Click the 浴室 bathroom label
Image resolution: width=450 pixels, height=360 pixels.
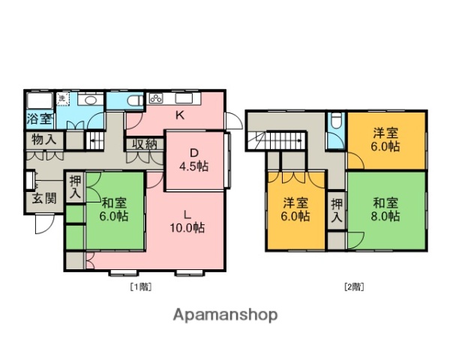[40, 118]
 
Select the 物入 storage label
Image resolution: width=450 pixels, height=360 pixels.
[44, 140]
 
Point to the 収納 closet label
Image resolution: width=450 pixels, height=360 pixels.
[145, 145]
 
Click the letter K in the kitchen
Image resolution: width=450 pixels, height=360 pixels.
[180, 115]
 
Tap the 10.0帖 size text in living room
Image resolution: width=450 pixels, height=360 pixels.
[187, 228]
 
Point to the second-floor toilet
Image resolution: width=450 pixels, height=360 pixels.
[336, 121]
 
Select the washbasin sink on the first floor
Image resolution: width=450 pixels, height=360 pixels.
[89, 100]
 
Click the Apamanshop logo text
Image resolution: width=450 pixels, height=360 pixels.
[225, 314]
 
